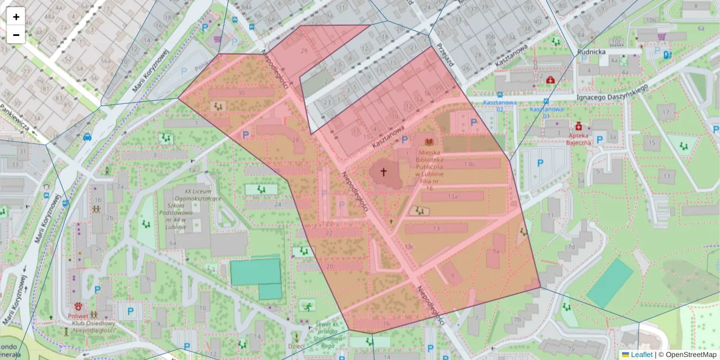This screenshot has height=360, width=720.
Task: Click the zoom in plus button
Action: [16, 17]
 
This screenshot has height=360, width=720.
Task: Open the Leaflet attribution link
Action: [641, 355]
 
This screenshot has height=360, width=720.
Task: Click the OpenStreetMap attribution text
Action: [691, 355]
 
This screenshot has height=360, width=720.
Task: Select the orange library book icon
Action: [429, 142]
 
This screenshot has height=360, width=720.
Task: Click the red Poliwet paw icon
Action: [78, 305]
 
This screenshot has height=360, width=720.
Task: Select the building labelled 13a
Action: [452, 196]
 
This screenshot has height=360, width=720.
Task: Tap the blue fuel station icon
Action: [667, 55]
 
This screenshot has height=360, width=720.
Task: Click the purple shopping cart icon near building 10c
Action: [661, 37]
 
